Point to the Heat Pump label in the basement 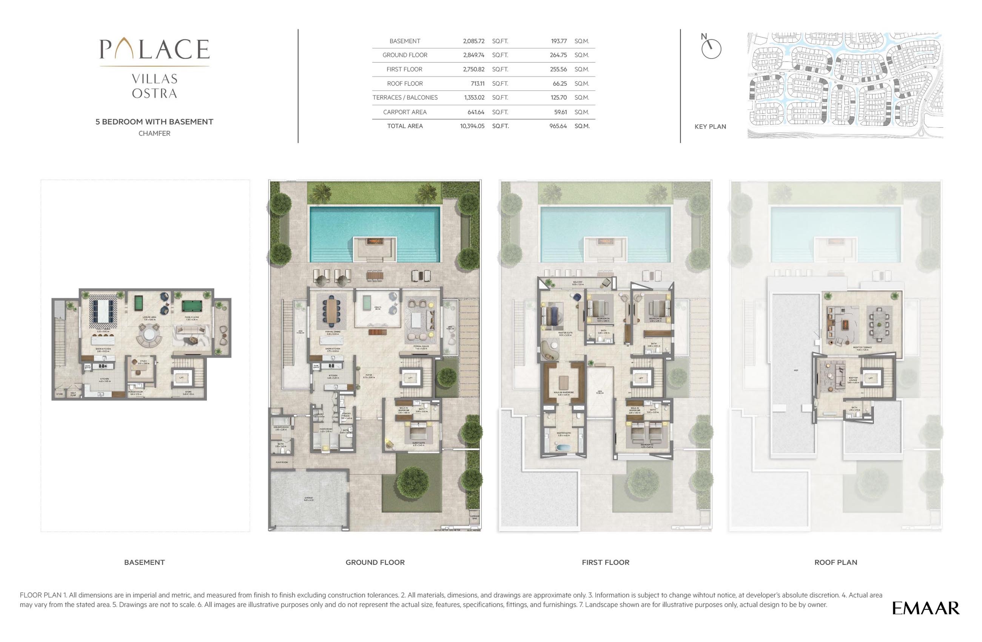pos(73,394)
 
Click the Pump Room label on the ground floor pos(281,462)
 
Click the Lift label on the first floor pos(641,378)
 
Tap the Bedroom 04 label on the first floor pos(603,319)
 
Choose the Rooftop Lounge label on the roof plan pos(853,378)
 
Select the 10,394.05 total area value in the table pos(472,126)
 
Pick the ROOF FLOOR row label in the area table pos(405,84)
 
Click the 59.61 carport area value pos(560,112)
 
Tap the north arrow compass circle pos(711,49)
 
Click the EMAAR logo pos(925,608)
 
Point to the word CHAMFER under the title pos(154,133)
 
